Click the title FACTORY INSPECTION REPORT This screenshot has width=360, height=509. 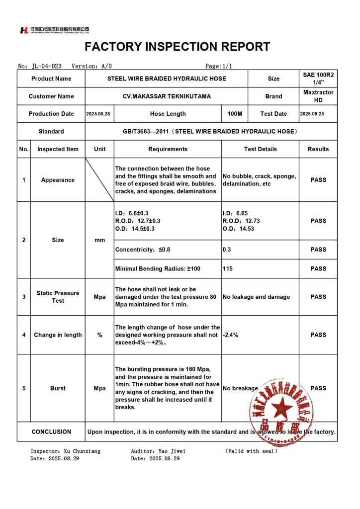pyautogui.click(x=178, y=47)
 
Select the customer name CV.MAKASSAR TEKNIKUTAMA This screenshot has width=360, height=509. pyautogui.click(x=167, y=96)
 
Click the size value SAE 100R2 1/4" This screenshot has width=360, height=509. pyautogui.click(x=318, y=79)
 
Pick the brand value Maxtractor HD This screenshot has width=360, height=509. pyautogui.click(x=318, y=96)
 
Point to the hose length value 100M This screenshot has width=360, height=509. pyautogui.click(x=235, y=114)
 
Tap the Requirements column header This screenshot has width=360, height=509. pyautogui.click(x=168, y=149)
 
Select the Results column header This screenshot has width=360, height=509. pyautogui.click(x=318, y=149)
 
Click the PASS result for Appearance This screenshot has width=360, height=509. pyautogui.click(x=318, y=180)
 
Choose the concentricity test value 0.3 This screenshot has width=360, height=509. pyautogui.click(x=227, y=250)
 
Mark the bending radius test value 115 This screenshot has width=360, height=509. pyautogui.click(x=228, y=269)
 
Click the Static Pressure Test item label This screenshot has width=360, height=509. pyautogui.click(x=58, y=297)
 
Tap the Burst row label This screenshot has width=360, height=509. pyautogui.click(x=58, y=388)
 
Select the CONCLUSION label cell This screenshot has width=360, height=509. pyautogui.click(x=51, y=432)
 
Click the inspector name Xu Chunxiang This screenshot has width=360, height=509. pyautogui.click(x=82, y=451)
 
